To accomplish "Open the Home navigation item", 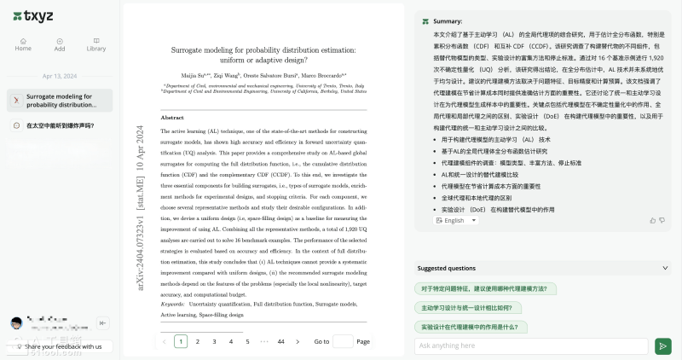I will pos(23,44).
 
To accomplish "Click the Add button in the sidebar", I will pos(60,44).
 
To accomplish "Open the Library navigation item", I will pos(95,44).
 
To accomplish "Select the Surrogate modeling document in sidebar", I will pos(59,101).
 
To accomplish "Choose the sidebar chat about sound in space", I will pos(59,125).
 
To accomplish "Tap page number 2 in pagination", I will pos(198,341).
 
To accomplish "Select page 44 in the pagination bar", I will pos(280,341).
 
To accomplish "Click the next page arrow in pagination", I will pos(298,341).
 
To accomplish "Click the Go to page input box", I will pos(343,341).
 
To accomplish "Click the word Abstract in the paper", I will pos(172,117).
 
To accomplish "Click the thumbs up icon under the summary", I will pos(652,220).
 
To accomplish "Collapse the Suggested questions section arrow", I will pos(663,268).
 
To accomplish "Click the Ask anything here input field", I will pos(531,346).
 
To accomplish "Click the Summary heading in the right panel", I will pos(448,20).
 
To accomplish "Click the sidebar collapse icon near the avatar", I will pos(103,322).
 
